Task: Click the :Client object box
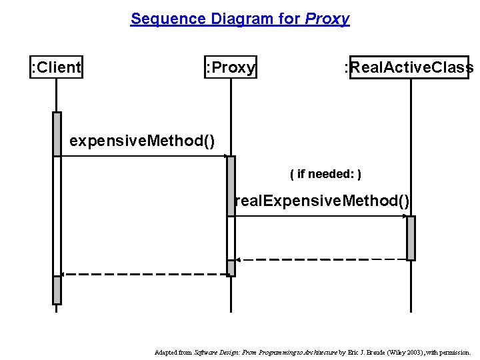click(x=57, y=67)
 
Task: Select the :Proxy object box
click(x=231, y=67)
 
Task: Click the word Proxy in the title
click(x=327, y=19)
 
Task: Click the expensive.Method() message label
click(x=142, y=141)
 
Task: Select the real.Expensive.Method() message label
click(x=323, y=201)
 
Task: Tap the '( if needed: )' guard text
click(x=326, y=175)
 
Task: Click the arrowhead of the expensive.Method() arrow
click(x=225, y=157)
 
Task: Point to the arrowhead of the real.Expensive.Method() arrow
click(x=404, y=216)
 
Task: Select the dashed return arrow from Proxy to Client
click(x=143, y=274)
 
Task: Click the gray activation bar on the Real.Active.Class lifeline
click(x=411, y=238)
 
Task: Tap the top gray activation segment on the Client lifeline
click(x=57, y=133)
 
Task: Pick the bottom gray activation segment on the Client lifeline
click(x=57, y=290)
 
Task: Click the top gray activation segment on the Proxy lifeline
click(x=231, y=186)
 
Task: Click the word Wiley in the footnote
click(x=391, y=352)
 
